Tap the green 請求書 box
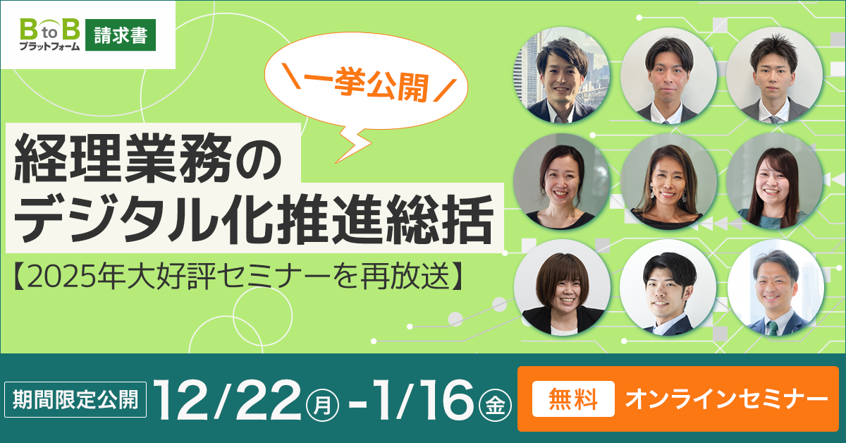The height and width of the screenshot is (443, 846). pos(120,36)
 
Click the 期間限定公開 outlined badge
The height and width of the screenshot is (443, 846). pos(77,400)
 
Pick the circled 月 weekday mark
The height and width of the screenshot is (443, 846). pos(324,406)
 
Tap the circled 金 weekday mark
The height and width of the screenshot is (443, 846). pos(492,406)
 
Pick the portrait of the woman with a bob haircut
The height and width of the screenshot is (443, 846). pos(562,289)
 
